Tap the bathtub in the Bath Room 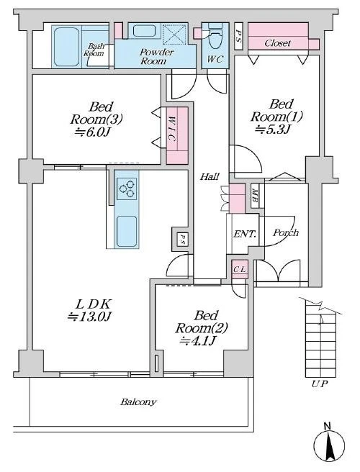[66, 47]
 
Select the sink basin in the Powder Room [144, 31]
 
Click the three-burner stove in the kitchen [127, 189]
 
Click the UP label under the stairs [320, 383]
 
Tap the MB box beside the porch [255, 196]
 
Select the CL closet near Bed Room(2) [240, 269]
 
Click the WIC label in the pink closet [171, 129]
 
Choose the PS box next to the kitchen [182, 239]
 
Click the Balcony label [138, 402]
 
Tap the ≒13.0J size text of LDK [90, 317]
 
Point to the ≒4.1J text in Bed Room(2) [197, 340]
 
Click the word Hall [210, 177]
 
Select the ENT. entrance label [246, 234]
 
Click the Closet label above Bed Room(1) [278, 43]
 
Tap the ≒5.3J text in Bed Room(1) [272, 130]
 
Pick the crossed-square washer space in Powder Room [175, 34]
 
